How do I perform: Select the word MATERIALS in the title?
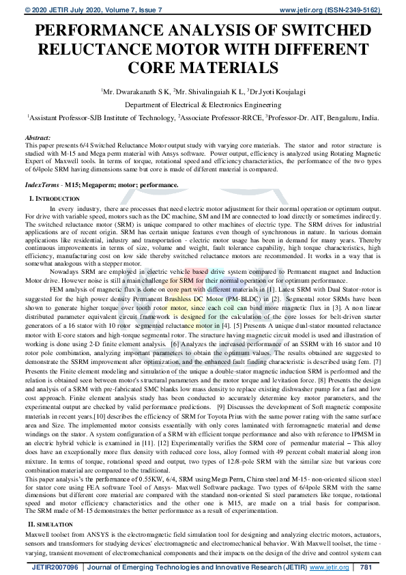tap(231, 68)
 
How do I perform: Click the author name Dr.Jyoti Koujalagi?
tap(276, 91)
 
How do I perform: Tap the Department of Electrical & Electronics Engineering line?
tap(203, 104)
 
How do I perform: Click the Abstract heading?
tap(37, 137)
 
